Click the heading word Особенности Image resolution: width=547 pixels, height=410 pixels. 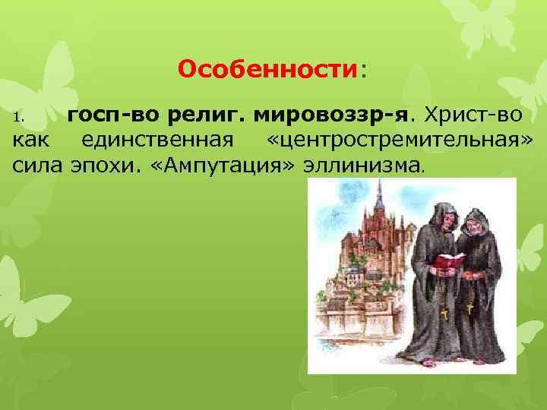pyautogui.click(x=267, y=71)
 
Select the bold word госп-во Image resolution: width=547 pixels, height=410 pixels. pyautogui.click(x=103, y=116)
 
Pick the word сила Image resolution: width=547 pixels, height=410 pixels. pyautogui.click(x=36, y=164)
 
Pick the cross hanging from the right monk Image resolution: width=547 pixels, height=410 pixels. pyautogui.click(x=470, y=309)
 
